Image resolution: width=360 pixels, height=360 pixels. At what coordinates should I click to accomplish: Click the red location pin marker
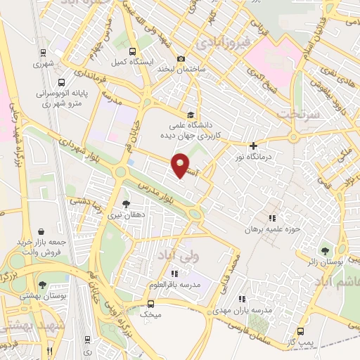click(x=181, y=165)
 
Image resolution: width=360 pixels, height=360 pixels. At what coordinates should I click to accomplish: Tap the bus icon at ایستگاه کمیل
click(x=133, y=51)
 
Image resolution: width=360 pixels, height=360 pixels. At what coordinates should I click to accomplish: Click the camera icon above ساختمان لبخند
click(x=181, y=58)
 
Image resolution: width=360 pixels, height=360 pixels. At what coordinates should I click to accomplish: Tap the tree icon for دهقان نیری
click(x=127, y=203)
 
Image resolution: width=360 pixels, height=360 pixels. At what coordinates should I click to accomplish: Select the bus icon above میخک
click(x=151, y=304)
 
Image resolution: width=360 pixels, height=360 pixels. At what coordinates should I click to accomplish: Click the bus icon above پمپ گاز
click(x=301, y=331)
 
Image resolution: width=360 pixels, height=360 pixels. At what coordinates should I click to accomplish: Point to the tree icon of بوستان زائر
click(x=324, y=250)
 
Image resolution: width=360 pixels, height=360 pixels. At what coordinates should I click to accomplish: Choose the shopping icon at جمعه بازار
click(x=42, y=231)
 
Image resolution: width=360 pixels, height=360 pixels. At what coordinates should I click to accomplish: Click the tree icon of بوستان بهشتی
click(x=43, y=285)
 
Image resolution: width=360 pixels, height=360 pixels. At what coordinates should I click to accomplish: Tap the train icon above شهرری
click(x=43, y=52)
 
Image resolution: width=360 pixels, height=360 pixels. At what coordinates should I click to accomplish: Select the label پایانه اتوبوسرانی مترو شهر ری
click(x=62, y=96)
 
